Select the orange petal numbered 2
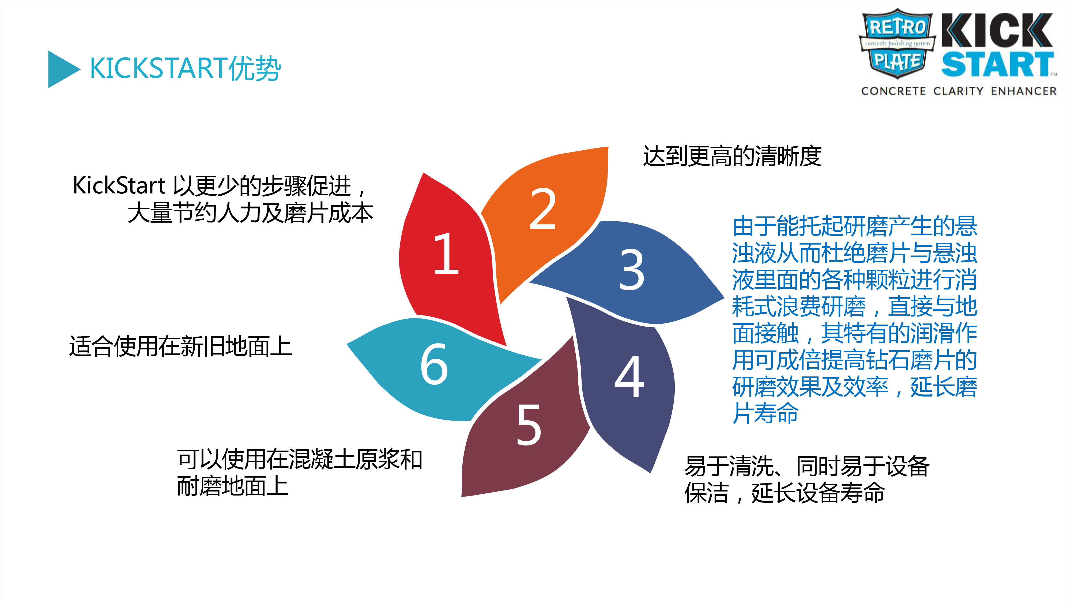pos(549,216)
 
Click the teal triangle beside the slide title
pos(62,69)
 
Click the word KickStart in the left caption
pos(119,185)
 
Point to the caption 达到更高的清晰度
pos(732,156)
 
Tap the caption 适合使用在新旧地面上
pos(180,346)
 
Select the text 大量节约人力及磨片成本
pos(250,213)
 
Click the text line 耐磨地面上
pos(233,486)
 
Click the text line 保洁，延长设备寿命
pos(785,493)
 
